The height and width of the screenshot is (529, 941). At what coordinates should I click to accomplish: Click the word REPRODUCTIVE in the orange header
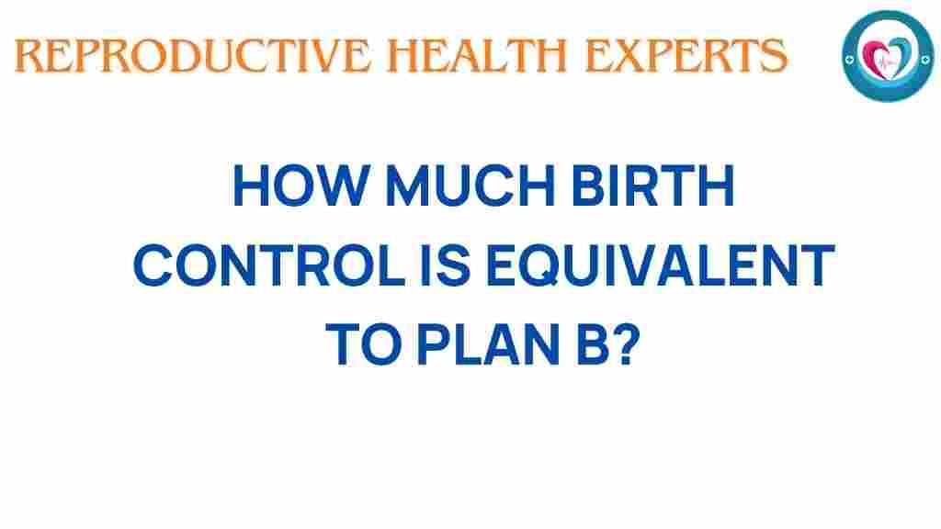pos(192,56)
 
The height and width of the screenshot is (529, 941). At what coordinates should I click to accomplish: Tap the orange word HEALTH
pos(477,56)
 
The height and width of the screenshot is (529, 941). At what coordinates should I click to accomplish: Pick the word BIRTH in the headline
pos(653,186)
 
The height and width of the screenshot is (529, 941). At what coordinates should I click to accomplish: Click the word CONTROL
pos(269,265)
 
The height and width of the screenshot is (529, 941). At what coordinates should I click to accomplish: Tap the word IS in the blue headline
pos(445,265)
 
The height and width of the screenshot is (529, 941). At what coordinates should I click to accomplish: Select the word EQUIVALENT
pos(660,265)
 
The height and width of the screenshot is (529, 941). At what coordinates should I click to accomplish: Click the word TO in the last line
pos(363,344)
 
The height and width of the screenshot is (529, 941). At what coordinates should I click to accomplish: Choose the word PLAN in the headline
pos(488,344)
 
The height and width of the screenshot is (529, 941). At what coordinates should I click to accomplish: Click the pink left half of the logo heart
pos(874,58)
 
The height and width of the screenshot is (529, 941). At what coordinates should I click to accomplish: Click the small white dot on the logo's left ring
pos(849,60)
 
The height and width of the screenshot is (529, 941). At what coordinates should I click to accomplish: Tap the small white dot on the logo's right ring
pos(924,60)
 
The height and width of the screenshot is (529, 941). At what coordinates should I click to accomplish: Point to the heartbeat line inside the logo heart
pos(887,62)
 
